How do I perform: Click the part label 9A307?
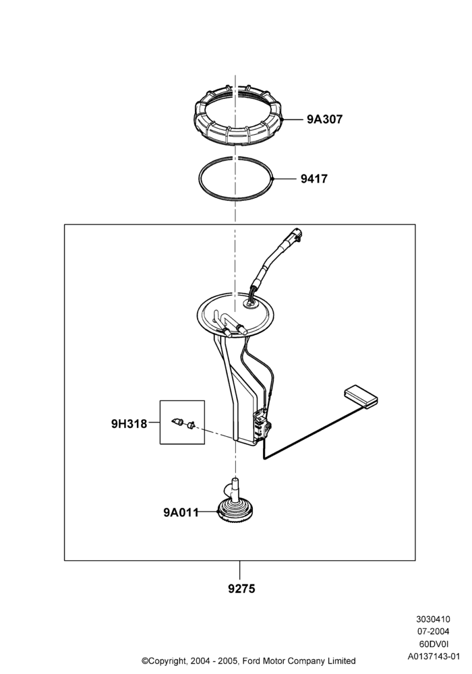pyautogui.click(x=324, y=119)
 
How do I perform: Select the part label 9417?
pyautogui.click(x=314, y=179)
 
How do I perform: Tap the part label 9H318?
pyautogui.click(x=129, y=424)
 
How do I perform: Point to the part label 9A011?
pyautogui.click(x=181, y=512)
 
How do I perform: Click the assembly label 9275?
pyautogui.click(x=241, y=588)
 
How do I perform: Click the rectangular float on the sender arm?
pyautogui.click(x=361, y=396)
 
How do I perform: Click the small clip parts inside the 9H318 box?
pyautogui.click(x=183, y=423)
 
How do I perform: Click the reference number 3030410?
pyautogui.click(x=433, y=619)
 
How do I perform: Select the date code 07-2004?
pyautogui.click(x=434, y=632)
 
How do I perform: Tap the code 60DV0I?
pyautogui.click(x=434, y=644)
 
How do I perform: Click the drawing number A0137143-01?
pyautogui.click(x=434, y=656)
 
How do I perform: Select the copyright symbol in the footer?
pyautogui.click(x=145, y=661)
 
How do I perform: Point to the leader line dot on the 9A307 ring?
pyautogui.click(x=284, y=119)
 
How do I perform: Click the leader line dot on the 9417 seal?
pyautogui.click(x=273, y=179)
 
